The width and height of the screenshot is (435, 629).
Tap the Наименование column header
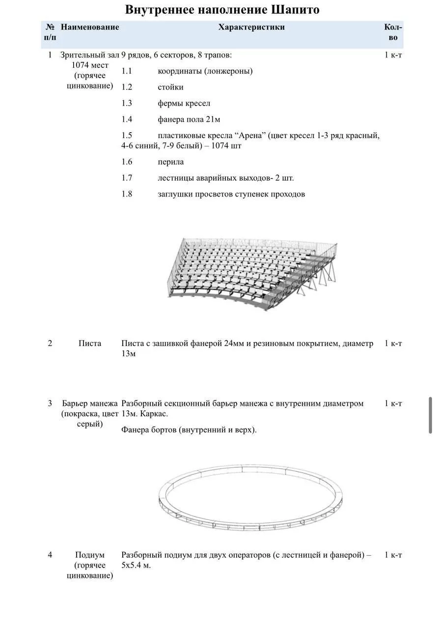[90, 27]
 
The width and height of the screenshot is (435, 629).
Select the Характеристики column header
[251, 27]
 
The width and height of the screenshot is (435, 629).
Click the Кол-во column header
[393, 32]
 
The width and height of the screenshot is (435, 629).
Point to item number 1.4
[127, 119]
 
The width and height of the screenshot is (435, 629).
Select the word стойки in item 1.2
[170, 87]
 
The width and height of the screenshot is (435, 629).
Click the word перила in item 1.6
[171, 162]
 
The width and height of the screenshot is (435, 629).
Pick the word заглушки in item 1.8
[176, 194]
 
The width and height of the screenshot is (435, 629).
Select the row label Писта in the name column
[90, 343]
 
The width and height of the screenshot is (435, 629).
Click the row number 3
[50, 403]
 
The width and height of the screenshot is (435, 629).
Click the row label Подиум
[90, 555]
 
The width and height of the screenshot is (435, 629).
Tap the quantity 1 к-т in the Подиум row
[393, 555]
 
